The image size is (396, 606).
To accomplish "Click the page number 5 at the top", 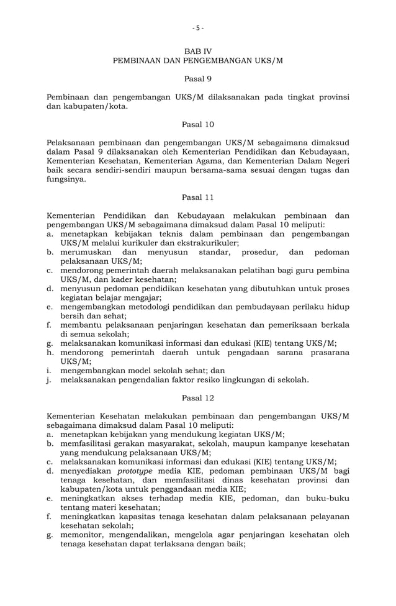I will coord(197,28).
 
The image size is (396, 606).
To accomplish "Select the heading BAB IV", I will coord(198,50).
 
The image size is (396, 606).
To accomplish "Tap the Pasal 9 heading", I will coord(198,79).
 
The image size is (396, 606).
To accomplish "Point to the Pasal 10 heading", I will coord(198,124).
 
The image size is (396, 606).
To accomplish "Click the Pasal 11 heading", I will coord(198,197).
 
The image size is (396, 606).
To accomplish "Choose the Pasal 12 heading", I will coord(198,397).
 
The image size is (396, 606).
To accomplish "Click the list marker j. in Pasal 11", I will coord(50,379).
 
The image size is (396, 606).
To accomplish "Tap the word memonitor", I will coord(84,535).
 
